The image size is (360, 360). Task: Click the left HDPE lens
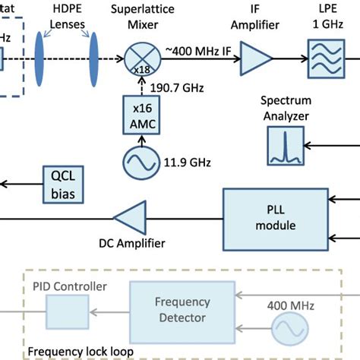(39, 57)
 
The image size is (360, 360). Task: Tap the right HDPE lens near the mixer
(94, 57)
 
